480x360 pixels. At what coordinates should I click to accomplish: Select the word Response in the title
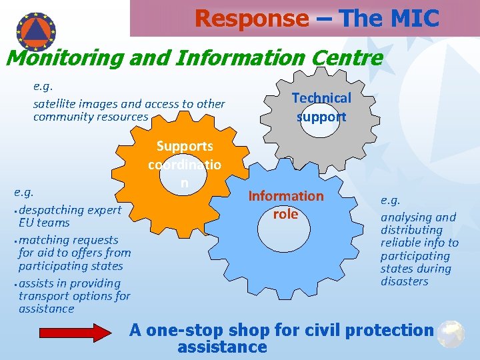click(252, 19)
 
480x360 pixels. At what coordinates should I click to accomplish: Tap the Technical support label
click(321, 107)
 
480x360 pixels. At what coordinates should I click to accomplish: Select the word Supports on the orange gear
click(185, 146)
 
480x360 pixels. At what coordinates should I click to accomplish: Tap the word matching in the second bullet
click(41, 240)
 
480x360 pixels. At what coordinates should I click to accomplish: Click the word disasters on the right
click(404, 281)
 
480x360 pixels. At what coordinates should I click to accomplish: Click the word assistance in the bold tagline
click(222, 347)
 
